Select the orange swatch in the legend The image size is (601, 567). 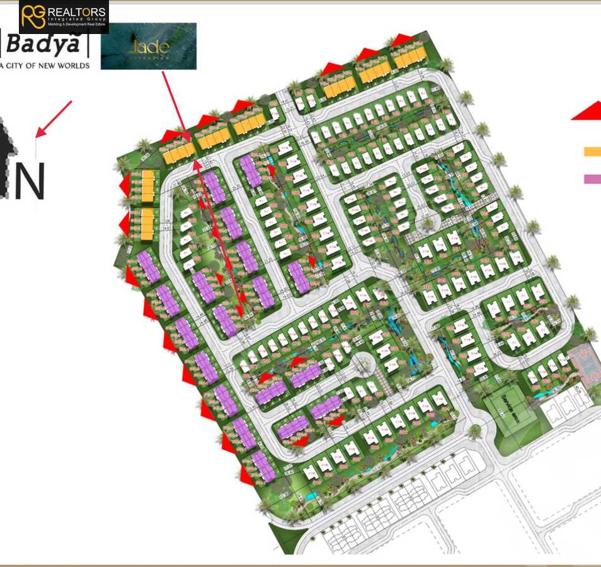[592, 151]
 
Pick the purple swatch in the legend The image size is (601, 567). [592, 178]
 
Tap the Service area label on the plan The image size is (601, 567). [507, 401]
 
